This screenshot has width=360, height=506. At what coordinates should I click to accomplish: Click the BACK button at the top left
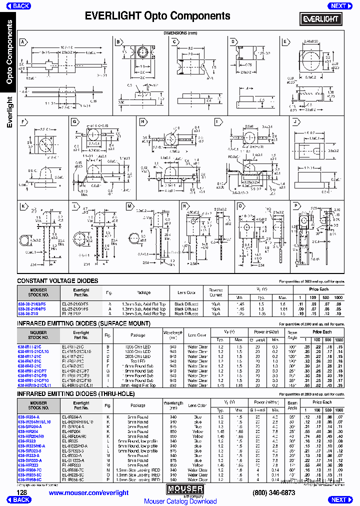[x=19, y=6]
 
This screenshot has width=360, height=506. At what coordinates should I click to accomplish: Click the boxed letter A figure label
[x=22, y=42]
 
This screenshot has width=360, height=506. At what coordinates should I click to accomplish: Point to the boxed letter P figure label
[x=296, y=206]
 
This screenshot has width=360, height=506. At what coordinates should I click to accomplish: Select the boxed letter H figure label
[x=142, y=121]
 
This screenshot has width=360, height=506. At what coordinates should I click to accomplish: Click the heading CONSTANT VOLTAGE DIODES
[x=57, y=281]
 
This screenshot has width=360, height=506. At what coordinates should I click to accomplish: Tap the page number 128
[x=14, y=492]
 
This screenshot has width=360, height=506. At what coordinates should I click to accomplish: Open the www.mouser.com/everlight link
[x=88, y=492]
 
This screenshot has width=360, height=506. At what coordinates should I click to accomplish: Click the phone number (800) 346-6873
[x=274, y=492]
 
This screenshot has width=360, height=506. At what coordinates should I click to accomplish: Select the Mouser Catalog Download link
[x=180, y=501]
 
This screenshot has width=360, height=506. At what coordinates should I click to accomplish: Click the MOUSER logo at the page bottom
[x=185, y=489]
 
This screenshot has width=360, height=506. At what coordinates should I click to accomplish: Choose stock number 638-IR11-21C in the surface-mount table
[x=29, y=346]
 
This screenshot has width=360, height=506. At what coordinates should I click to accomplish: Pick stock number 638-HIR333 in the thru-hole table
[x=28, y=465]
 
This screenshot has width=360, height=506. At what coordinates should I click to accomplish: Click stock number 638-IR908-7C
[x=30, y=470]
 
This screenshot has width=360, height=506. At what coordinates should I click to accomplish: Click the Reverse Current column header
[x=215, y=292]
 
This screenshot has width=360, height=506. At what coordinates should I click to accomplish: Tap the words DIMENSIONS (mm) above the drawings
[x=180, y=33]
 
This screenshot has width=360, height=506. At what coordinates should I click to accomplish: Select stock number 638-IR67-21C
[x=29, y=361]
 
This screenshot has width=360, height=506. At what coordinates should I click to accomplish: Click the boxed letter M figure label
[x=129, y=206]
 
